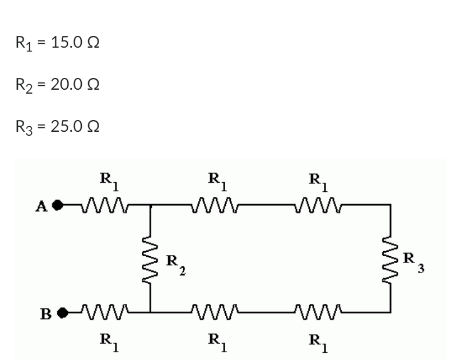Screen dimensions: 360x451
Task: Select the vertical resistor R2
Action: (150, 258)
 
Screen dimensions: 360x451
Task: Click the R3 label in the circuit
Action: (413, 262)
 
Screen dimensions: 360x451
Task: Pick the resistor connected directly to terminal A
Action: (104, 205)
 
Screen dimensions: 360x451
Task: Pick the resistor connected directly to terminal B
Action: (105, 310)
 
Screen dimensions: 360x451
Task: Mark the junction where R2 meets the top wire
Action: (150, 205)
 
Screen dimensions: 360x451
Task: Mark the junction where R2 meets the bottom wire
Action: (150, 310)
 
